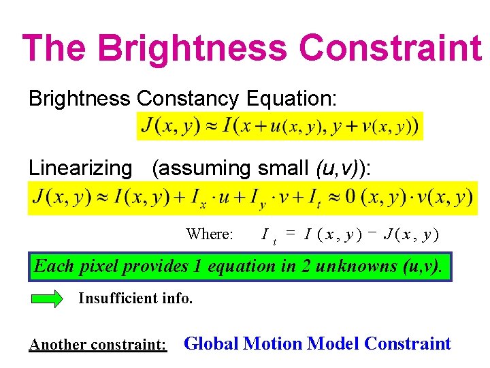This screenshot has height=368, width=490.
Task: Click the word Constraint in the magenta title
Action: [x=390, y=48]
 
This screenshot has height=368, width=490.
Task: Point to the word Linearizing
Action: [x=80, y=168]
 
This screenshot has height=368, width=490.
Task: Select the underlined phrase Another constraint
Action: [x=98, y=345]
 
